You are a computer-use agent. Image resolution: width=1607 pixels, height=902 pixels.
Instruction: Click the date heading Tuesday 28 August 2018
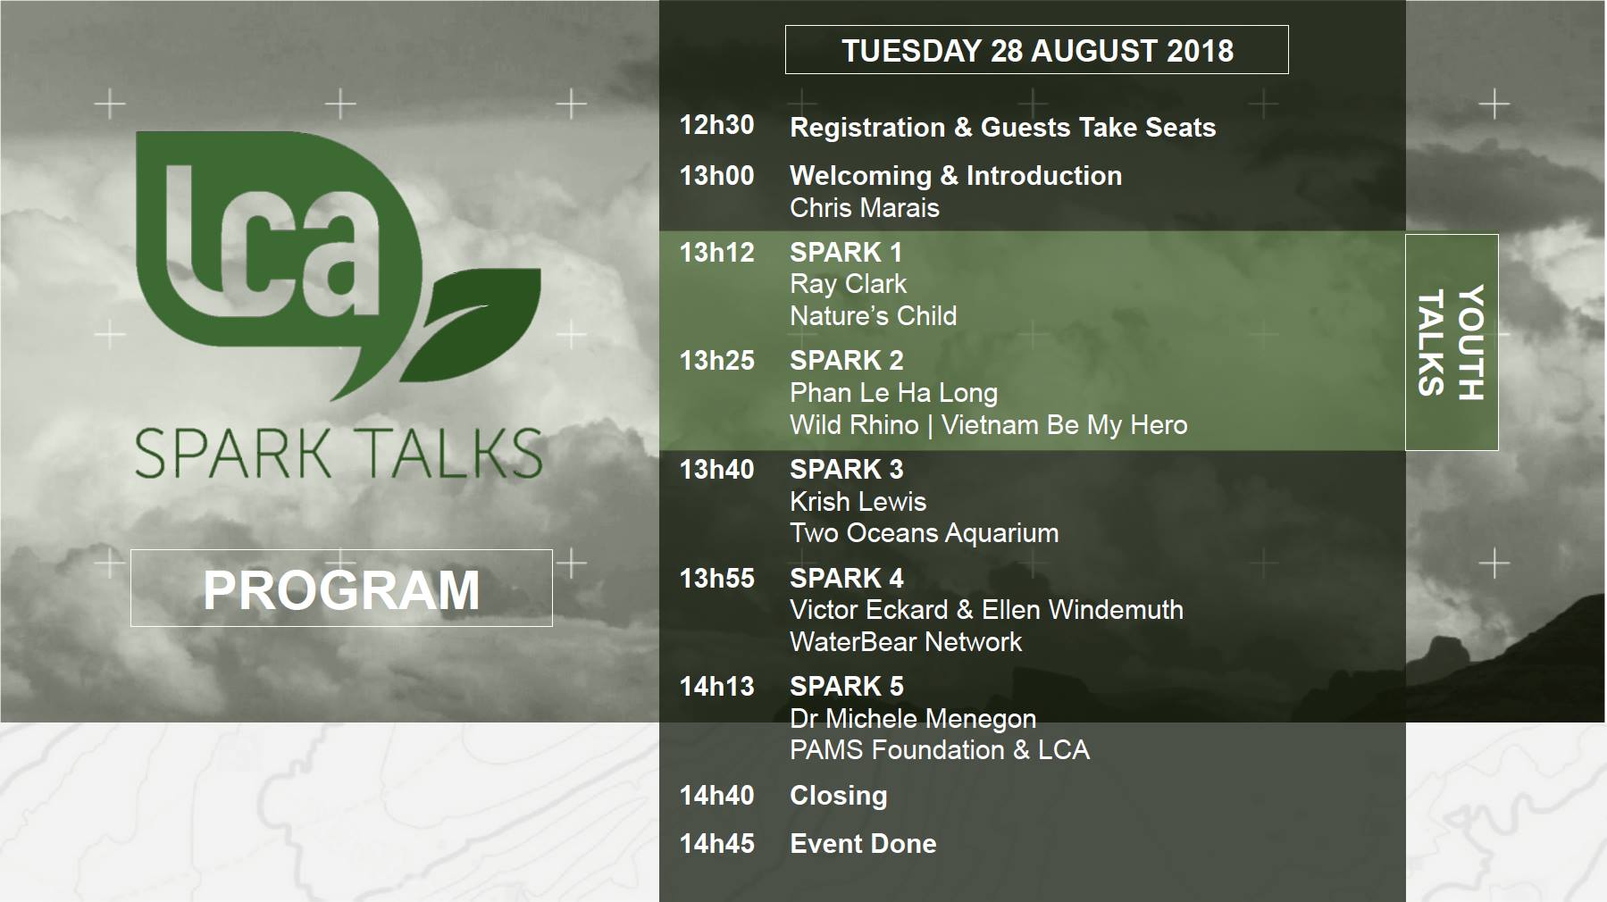click(x=1037, y=51)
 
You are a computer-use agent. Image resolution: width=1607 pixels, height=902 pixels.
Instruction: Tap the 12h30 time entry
click(x=716, y=125)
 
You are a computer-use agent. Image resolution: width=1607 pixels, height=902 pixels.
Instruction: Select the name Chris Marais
click(x=865, y=208)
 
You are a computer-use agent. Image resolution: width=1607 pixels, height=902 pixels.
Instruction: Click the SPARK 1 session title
click(x=846, y=253)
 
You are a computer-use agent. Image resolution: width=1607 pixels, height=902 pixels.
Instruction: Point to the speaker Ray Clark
click(x=848, y=284)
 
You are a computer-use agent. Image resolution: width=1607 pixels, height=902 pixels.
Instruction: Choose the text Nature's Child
click(x=873, y=316)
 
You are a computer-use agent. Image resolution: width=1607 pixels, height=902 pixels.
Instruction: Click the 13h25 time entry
click(x=716, y=361)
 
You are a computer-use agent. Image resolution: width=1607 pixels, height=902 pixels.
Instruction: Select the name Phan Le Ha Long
click(x=893, y=393)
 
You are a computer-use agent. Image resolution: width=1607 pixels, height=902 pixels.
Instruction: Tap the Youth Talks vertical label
click(x=1452, y=342)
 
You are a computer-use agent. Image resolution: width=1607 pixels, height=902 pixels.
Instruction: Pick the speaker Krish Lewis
click(x=858, y=502)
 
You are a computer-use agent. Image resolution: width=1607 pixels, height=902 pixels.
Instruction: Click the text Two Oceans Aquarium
click(x=924, y=533)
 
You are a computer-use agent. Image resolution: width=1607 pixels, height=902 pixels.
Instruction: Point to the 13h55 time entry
click(x=716, y=579)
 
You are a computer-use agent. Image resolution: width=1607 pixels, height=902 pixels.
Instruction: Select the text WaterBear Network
click(x=906, y=642)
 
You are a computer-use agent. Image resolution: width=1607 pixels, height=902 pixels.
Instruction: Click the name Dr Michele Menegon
click(x=913, y=719)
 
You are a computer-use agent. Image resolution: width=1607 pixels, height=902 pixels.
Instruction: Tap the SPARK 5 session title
click(x=846, y=687)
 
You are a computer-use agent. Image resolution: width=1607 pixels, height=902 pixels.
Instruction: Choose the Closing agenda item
click(x=838, y=796)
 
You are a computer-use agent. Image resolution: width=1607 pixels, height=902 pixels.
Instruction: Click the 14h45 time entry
click(x=716, y=844)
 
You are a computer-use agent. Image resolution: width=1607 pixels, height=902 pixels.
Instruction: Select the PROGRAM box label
click(x=341, y=590)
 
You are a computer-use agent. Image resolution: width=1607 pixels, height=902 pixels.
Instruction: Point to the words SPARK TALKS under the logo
click(x=339, y=453)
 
